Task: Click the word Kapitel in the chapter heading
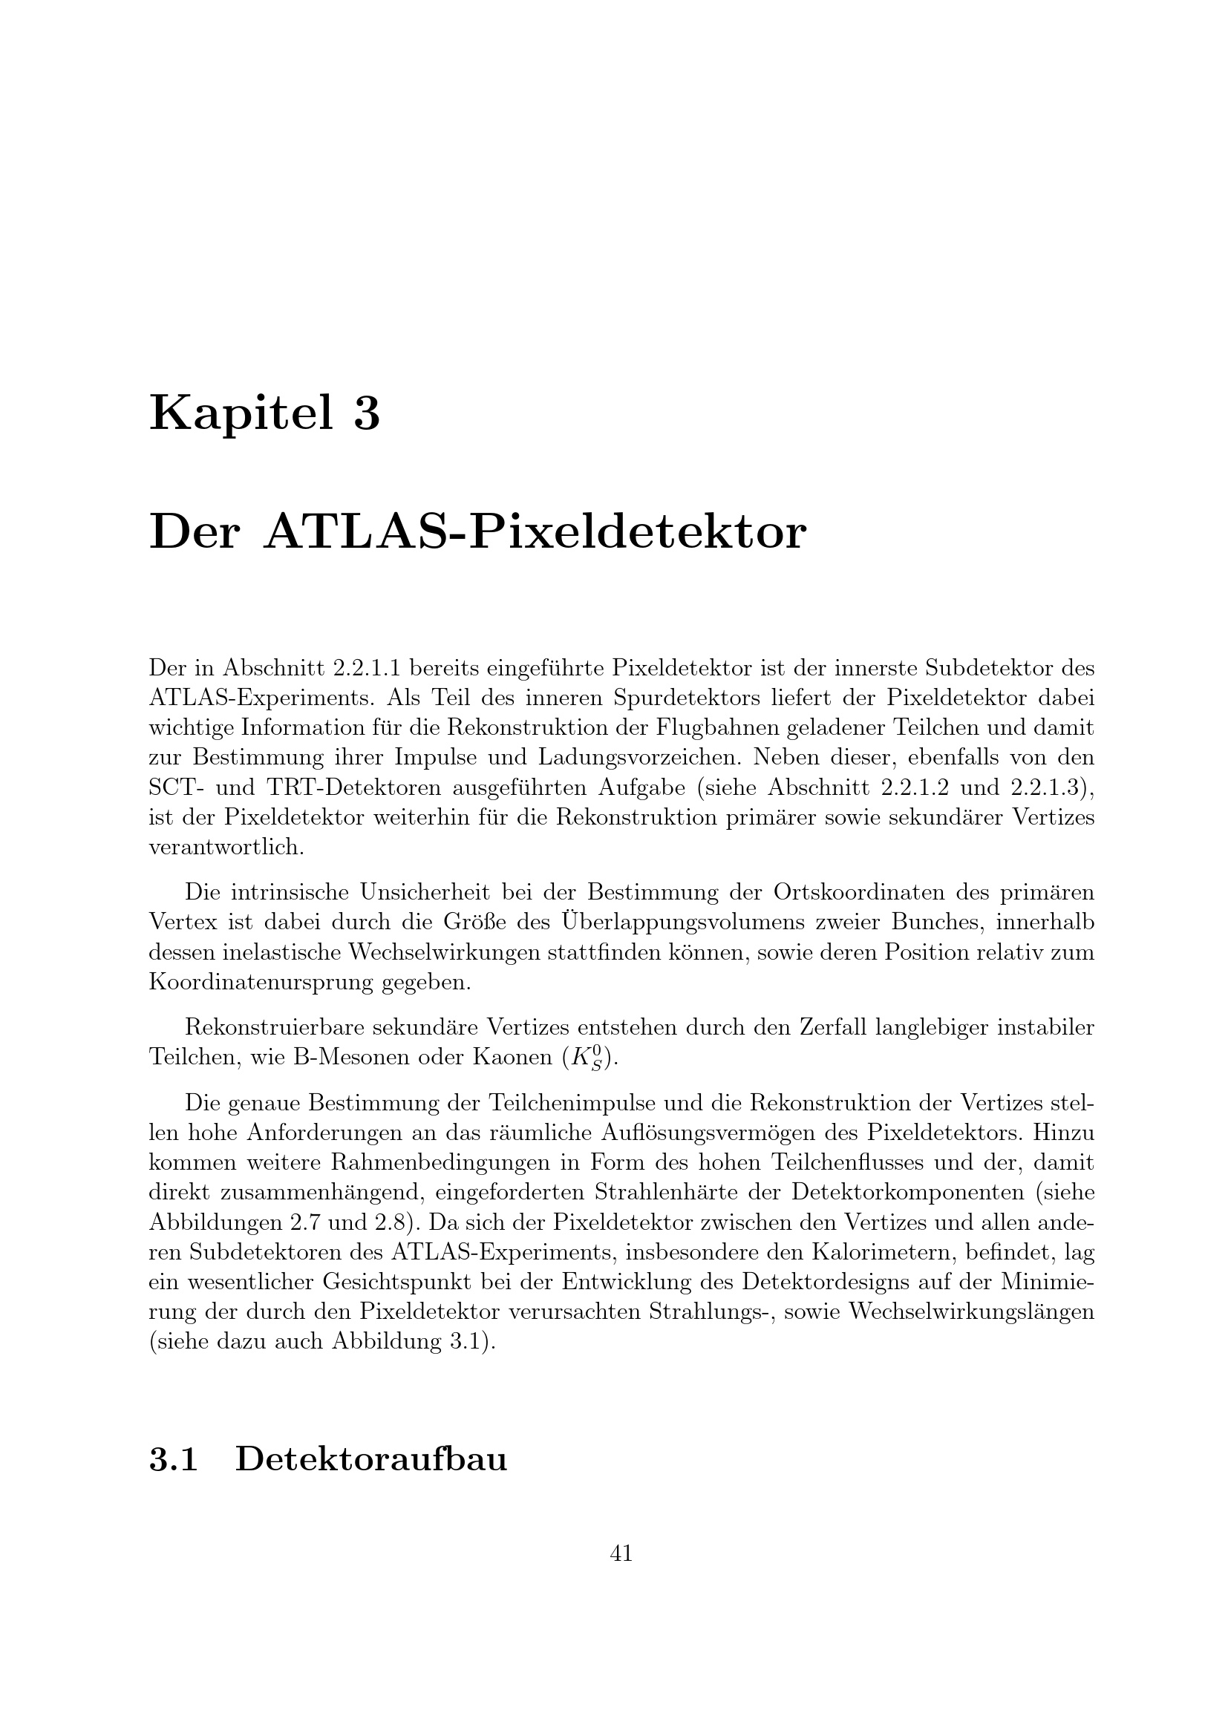(241, 414)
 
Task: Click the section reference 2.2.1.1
(362, 668)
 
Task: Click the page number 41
(621, 1553)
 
